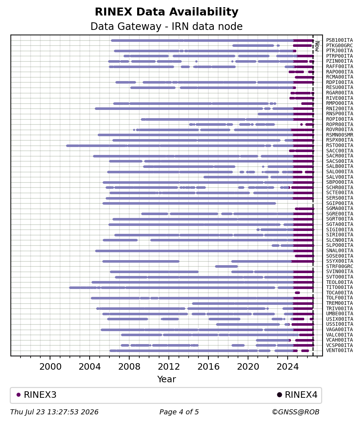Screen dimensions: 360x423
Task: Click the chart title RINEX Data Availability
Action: pos(167,12)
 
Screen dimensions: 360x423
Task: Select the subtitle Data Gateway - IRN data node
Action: pos(167,26)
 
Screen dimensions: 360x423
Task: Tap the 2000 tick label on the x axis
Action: pos(50,367)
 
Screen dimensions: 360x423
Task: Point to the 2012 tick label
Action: pos(169,367)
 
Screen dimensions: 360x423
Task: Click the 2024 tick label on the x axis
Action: pos(288,367)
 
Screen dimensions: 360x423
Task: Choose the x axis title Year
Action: pos(167,379)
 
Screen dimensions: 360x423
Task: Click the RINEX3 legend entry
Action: pos(36,395)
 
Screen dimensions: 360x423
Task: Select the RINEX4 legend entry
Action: pos(297,395)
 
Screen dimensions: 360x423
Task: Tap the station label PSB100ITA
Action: pos(339,40)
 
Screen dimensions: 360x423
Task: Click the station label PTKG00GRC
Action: pos(339,46)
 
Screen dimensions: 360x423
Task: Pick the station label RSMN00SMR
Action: pos(339,135)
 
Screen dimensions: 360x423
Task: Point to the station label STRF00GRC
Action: pos(339,267)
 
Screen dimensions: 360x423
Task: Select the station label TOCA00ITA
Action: pos(339,293)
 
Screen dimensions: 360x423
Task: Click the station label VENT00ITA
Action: pos(339,351)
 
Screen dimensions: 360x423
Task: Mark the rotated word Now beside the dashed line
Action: pos(317,46)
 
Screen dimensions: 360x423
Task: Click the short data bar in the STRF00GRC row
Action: pos(226,267)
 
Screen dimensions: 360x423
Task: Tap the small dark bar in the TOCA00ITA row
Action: pos(297,293)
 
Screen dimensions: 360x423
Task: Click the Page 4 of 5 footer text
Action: pos(179,412)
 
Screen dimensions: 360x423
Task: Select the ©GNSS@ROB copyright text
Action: pos(296,412)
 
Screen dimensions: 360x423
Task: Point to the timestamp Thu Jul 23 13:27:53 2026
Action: pos(54,412)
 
